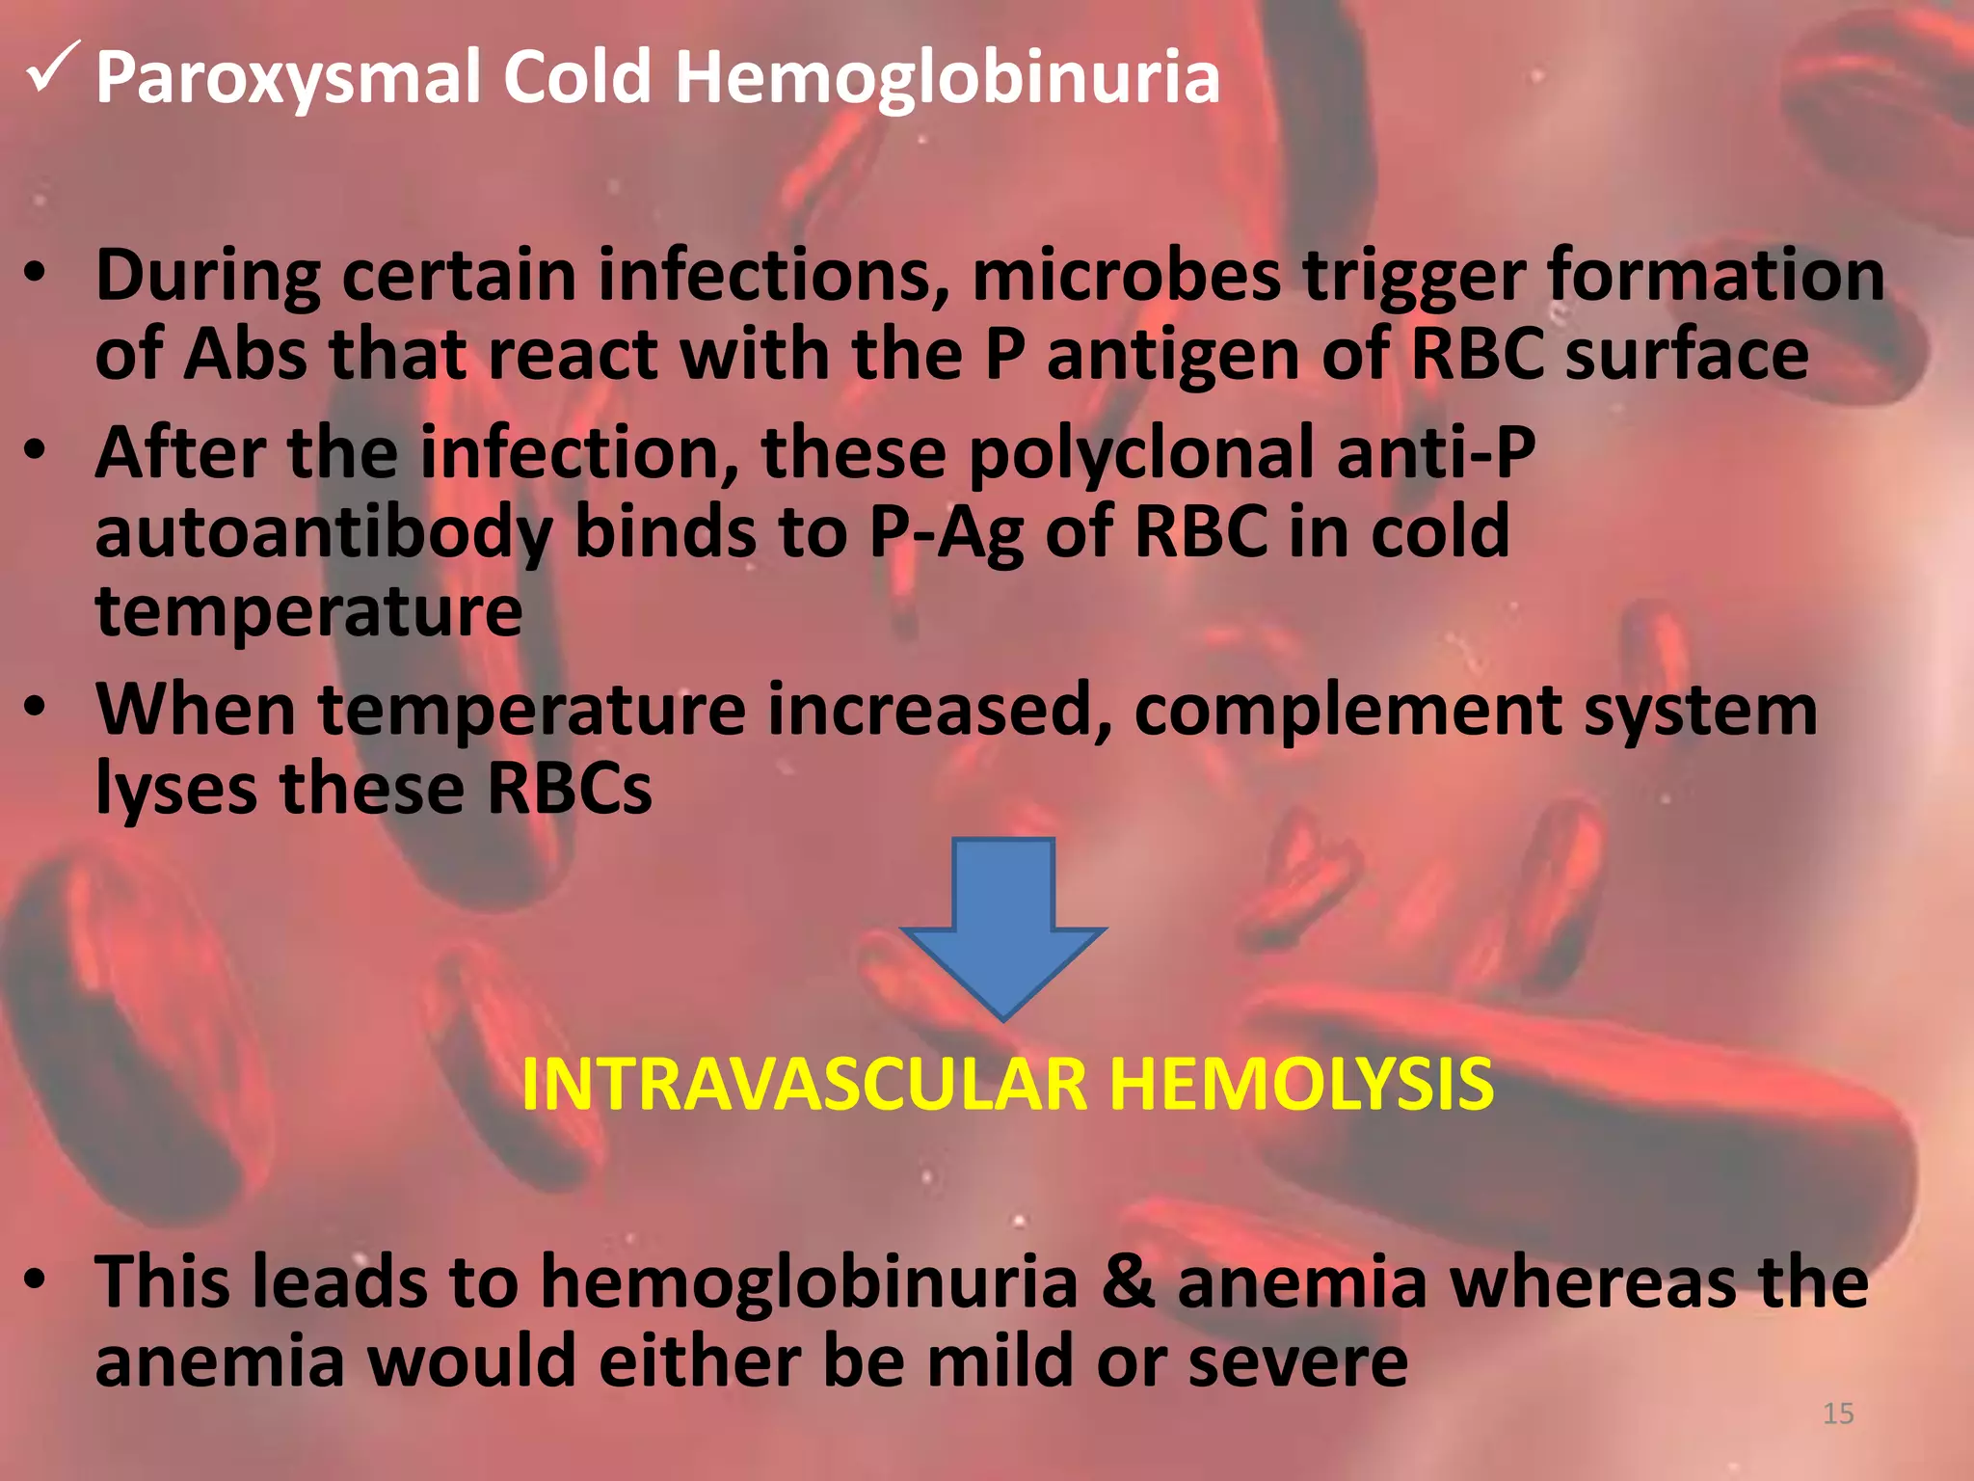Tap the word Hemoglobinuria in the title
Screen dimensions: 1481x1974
coord(947,77)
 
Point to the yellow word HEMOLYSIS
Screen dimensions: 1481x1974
coord(1300,1085)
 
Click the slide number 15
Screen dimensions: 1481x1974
coord(1838,1414)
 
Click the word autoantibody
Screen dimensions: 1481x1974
coord(324,533)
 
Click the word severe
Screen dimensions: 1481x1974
coord(1297,1362)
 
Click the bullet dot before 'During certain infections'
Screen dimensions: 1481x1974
coord(36,274)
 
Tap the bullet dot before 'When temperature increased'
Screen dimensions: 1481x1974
coord(36,708)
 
